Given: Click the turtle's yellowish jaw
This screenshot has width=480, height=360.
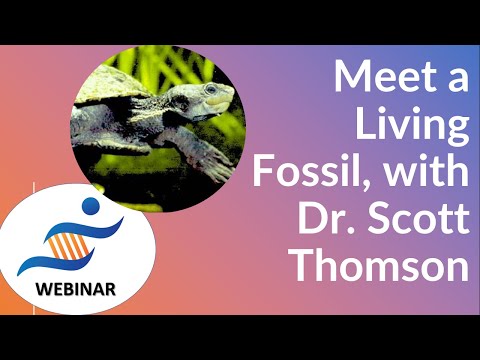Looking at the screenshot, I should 218,104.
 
